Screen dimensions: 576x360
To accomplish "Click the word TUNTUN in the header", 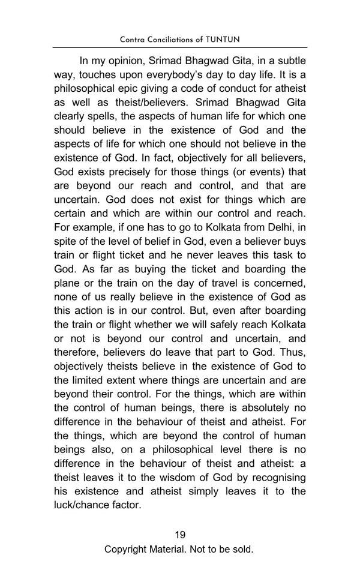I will [223, 40].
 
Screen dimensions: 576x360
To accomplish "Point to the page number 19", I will [180, 535].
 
